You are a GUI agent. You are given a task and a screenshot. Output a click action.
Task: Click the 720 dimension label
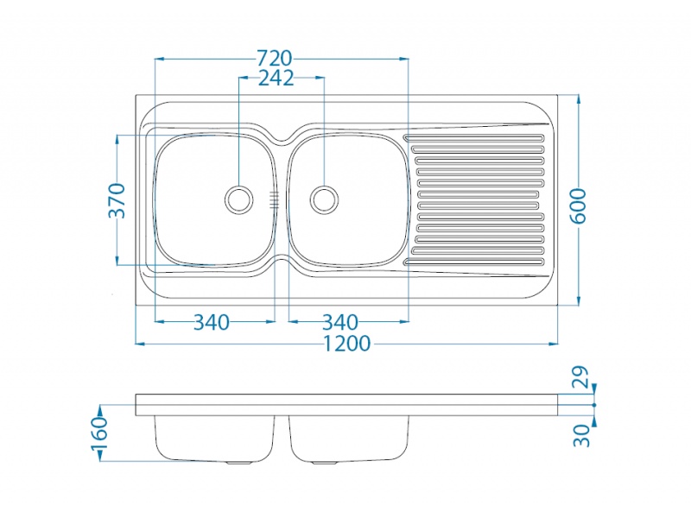coord(275,58)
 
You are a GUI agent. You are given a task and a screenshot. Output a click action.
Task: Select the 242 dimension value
coord(276,79)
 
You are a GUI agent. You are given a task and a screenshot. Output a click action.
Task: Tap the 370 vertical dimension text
coord(117,201)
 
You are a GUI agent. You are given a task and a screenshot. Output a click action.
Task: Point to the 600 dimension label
coord(579,205)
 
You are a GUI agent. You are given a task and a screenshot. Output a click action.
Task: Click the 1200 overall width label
coord(347,344)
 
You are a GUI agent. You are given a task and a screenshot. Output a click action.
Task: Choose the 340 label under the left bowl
coord(212,322)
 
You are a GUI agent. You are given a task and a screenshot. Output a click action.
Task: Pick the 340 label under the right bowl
coord(339,322)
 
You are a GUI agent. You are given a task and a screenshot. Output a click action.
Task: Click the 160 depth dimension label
coord(99,433)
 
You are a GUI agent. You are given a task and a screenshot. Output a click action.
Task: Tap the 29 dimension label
coord(581,376)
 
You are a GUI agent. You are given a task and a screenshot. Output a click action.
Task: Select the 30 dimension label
coord(581,435)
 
